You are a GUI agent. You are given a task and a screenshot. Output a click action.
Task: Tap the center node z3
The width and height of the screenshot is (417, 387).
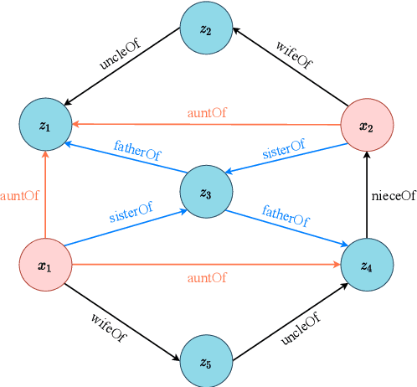coord(206,193)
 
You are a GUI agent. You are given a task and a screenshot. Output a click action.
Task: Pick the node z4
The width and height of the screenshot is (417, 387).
coord(367,266)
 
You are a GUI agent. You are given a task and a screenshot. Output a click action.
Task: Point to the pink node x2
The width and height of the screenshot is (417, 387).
coord(367,126)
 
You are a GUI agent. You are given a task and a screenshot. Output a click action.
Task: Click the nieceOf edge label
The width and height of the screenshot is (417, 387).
coord(393,196)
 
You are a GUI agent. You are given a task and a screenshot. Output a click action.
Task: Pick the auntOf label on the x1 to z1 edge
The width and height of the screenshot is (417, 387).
coord(19,196)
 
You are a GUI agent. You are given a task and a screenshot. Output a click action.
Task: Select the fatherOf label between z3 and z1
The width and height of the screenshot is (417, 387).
coord(139,153)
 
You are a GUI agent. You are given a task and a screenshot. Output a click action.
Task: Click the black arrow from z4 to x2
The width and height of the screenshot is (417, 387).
coord(367,196)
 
